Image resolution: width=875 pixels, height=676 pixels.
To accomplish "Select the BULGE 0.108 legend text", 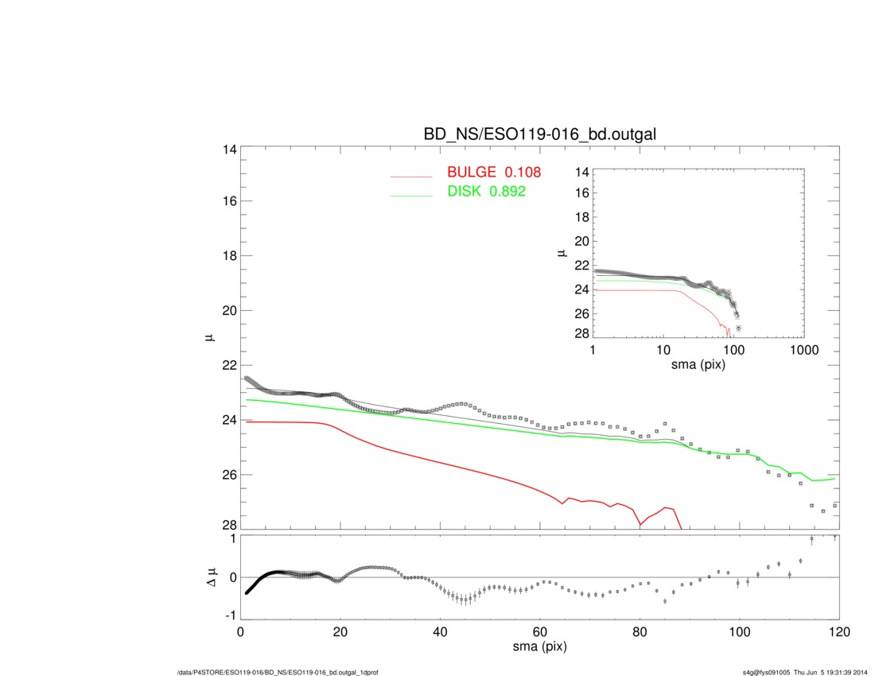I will (x=494, y=172).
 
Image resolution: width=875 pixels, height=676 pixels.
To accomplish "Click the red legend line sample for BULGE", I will (x=411, y=176).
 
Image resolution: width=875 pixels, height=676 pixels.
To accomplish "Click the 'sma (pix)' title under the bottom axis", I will (x=540, y=648).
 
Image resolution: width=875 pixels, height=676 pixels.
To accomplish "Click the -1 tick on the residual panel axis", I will (x=230, y=616).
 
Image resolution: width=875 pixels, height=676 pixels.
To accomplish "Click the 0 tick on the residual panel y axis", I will (x=231, y=577).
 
